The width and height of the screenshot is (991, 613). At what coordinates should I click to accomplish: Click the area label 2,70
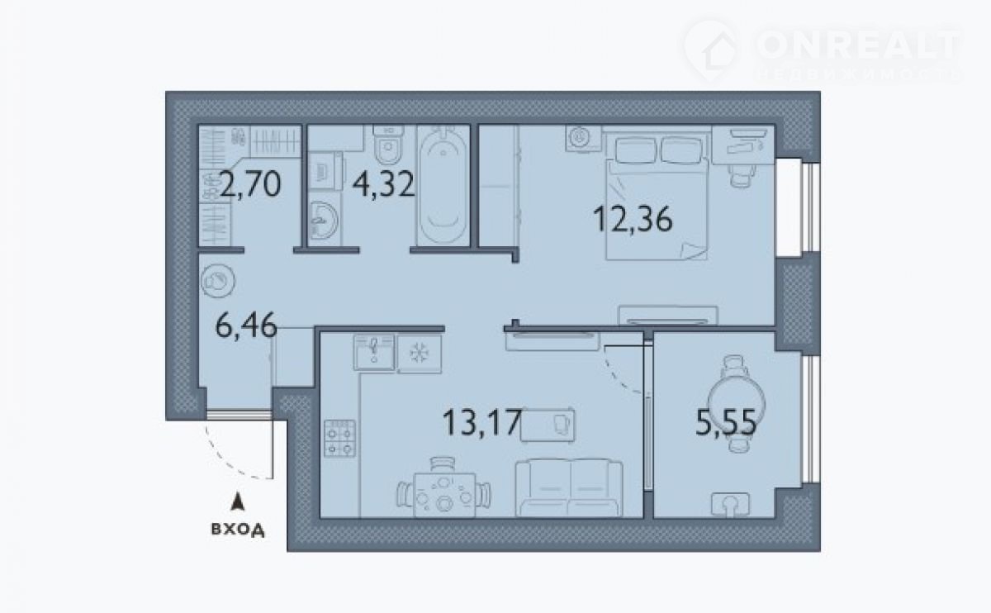[250, 184]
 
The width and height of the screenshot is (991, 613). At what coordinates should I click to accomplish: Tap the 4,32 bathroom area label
[383, 184]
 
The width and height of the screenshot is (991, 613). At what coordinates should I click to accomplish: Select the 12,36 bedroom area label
[633, 220]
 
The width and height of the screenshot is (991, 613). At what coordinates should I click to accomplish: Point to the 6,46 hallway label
[246, 326]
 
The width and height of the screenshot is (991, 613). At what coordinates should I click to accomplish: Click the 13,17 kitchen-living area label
[482, 422]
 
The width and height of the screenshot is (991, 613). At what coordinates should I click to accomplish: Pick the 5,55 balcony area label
[726, 422]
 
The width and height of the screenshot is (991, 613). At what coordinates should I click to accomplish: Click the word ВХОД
[238, 530]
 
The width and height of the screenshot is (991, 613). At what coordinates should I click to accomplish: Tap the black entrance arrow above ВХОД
[238, 502]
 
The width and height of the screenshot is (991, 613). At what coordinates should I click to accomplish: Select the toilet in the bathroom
[388, 144]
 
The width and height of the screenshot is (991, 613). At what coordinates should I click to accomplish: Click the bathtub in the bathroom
[443, 185]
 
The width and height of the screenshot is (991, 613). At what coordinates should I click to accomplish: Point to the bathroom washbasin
[323, 220]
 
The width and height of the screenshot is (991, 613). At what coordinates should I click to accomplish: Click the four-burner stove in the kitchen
[339, 438]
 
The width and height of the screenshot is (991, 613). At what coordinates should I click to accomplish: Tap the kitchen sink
[374, 352]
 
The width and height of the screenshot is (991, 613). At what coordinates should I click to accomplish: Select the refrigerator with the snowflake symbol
[420, 354]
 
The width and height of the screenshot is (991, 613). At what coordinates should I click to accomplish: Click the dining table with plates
[444, 495]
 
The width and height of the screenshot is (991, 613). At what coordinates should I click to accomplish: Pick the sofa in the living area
[569, 487]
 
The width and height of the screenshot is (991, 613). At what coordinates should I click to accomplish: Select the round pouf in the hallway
[218, 281]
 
